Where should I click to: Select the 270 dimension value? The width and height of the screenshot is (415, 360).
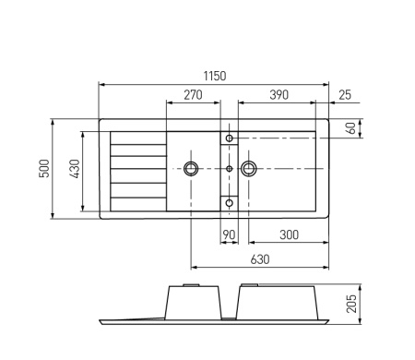click(194, 95)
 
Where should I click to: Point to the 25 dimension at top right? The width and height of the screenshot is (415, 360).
click(344, 95)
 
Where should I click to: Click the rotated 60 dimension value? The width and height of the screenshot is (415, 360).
click(350, 128)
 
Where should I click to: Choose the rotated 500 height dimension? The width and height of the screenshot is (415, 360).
click(43, 168)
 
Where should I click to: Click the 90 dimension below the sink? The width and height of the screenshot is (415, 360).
click(229, 235)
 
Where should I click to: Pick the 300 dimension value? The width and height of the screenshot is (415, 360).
click(288, 235)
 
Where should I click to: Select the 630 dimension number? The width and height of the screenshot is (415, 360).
click(260, 259)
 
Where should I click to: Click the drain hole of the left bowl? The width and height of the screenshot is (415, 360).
click(191, 168)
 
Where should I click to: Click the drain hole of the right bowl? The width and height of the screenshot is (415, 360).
click(248, 168)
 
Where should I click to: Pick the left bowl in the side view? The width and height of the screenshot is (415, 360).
click(193, 301)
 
